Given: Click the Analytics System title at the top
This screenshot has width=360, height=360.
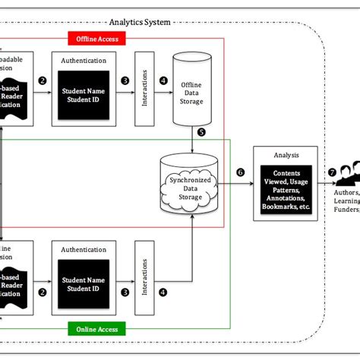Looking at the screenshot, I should (x=140, y=23).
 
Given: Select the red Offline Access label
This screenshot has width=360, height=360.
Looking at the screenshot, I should (x=95, y=38).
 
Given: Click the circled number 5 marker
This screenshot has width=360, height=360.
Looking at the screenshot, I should (x=201, y=131).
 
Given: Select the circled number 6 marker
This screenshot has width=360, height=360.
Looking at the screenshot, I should (x=241, y=173).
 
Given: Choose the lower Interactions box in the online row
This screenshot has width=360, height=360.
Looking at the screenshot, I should (x=144, y=278).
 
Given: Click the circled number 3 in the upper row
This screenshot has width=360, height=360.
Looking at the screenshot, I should (x=124, y=81).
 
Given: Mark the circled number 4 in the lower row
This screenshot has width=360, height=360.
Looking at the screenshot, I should (x=163, y=290).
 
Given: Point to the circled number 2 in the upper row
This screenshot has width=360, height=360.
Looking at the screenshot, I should (x=43, y=81).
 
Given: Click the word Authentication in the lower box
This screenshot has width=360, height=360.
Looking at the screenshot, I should (x=84, y=248).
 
